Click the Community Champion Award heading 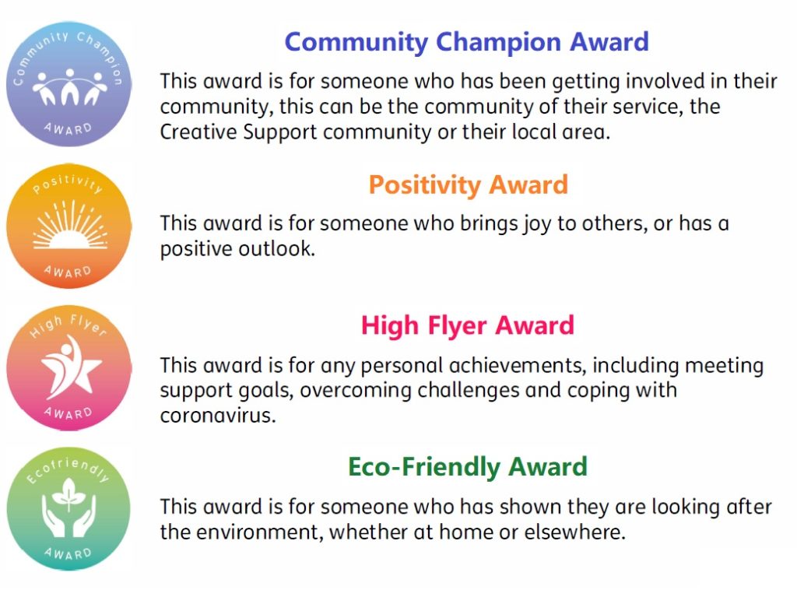click(x=466, y=42)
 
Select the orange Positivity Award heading click(x=468, y=185)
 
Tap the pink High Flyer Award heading click(x=468, y=325)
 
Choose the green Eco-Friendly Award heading click(x=468, y=467)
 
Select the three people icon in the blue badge click(x=69, y=86)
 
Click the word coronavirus click(x=218, y=416)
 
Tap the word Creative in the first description click(x=198, y=132)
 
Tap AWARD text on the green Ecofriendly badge click(x=68, y=553)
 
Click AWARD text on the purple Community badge click(x=68, y=128)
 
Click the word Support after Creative click(x=280, y=133)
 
